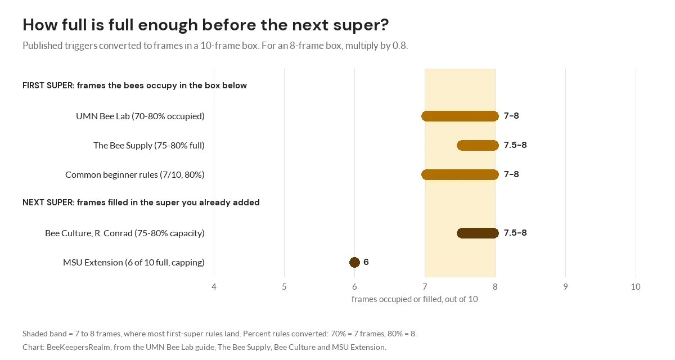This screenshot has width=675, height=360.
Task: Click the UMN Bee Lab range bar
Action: pos(460,116)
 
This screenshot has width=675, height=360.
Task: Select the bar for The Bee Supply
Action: pos(478,145)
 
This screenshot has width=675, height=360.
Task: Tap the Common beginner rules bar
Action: pos(460,174)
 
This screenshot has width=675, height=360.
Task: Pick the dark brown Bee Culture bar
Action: pos(478,233)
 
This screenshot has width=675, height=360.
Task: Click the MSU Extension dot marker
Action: pos(354,262)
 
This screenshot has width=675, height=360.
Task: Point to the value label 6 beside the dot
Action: pos(366,262)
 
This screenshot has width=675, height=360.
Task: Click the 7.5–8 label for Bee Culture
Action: pos(515,232)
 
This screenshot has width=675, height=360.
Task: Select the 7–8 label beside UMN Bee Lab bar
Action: pos(511,116)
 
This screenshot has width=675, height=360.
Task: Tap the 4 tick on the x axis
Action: pos(214,286)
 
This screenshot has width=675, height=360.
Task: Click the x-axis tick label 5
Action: pos(284,286)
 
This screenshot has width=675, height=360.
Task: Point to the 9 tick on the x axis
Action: pos(565,286)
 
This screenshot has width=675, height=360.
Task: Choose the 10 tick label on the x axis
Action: pos(636,286)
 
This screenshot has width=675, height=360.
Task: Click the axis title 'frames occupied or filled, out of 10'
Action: pos(415,299)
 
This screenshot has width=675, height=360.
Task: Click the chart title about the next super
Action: pos(205,25)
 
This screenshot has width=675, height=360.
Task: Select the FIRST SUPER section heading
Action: pos(134,85)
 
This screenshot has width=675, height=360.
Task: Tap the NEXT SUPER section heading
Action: pos(141,202)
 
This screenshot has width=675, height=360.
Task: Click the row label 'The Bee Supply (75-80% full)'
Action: pos(149,146)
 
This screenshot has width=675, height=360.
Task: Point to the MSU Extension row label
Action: pos(134,262)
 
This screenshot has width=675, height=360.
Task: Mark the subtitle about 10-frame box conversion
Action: pos(215,46)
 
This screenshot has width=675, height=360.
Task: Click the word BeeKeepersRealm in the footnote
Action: pos(78,348)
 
